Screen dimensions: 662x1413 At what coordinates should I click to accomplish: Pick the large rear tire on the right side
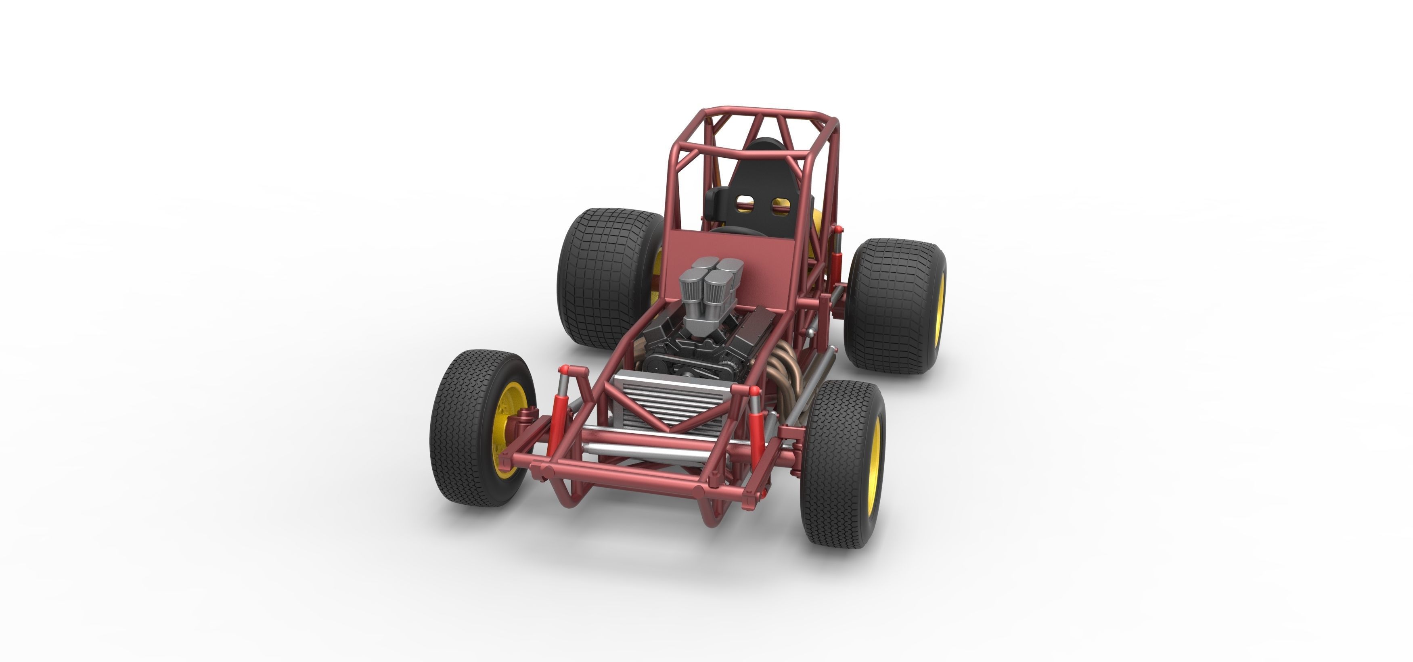892,307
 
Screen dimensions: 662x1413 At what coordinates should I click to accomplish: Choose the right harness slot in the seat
782,206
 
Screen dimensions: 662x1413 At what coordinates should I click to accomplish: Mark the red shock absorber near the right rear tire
836,263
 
